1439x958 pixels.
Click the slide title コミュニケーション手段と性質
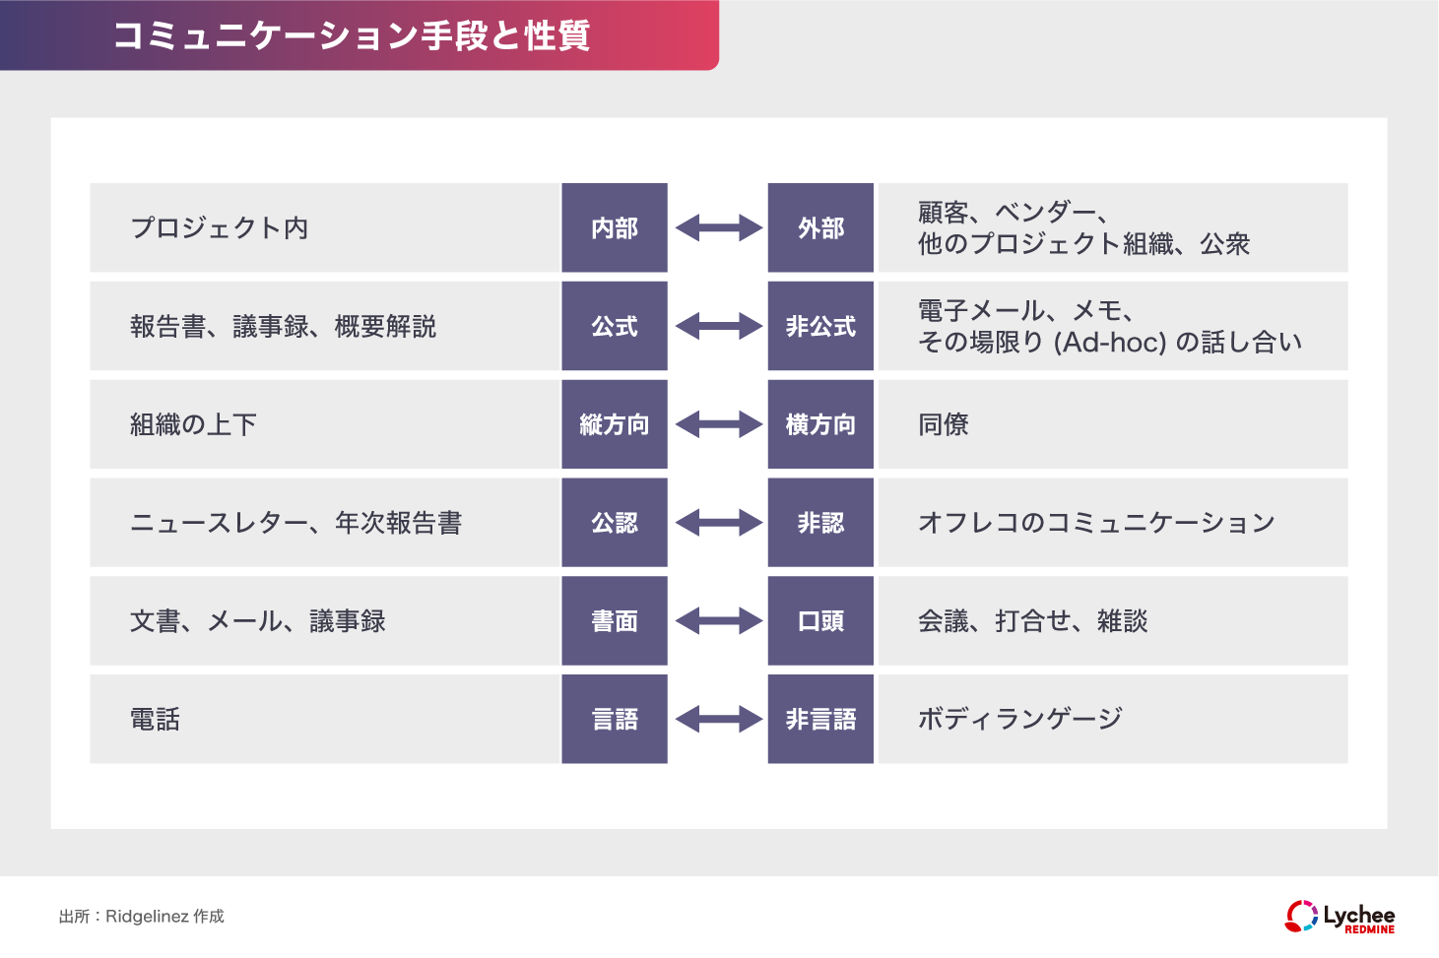352,35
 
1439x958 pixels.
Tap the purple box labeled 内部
615,227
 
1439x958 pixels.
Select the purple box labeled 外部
820,227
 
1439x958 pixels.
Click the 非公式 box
820,326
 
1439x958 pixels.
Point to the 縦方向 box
615,424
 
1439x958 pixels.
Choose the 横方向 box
820,424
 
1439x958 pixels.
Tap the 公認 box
615,523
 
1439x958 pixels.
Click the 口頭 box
820,621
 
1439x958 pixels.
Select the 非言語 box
820,720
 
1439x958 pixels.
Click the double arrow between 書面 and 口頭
718,621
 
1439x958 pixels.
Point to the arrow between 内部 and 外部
718,227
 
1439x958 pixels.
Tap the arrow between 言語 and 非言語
718,720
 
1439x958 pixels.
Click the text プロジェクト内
220,227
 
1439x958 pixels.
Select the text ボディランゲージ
1019,720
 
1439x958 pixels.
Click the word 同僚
944,424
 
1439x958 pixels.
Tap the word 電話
156,720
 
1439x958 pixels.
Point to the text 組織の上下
193,424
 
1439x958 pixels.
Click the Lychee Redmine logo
1340,917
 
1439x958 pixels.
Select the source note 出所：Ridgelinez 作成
142,917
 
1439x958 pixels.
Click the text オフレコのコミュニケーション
1096,523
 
